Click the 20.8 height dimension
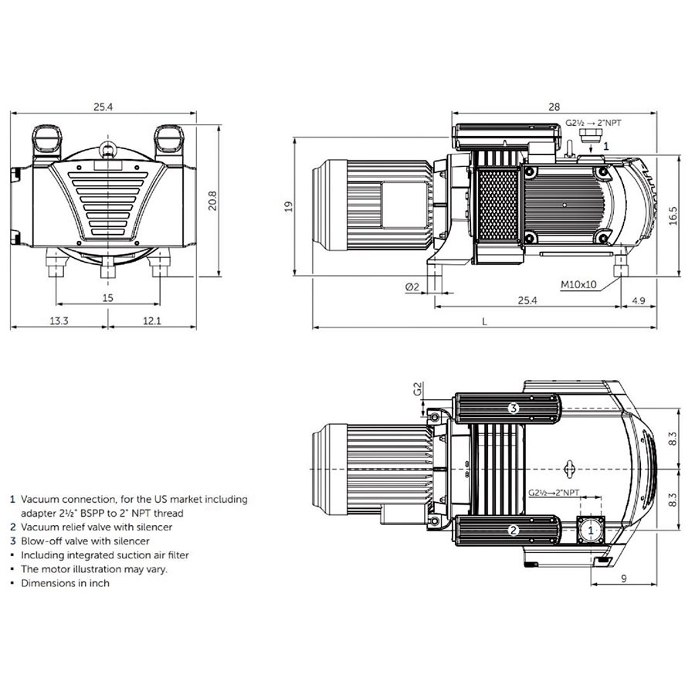212,200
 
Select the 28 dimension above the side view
554,107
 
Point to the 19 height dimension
287,206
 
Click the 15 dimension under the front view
107,298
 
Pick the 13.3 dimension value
59,320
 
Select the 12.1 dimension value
151,320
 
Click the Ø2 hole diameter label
412,286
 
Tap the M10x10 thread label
579,284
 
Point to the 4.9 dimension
639,300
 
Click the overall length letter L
484,322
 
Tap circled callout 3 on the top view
513,408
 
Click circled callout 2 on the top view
513,530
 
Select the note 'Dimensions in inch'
65,583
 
